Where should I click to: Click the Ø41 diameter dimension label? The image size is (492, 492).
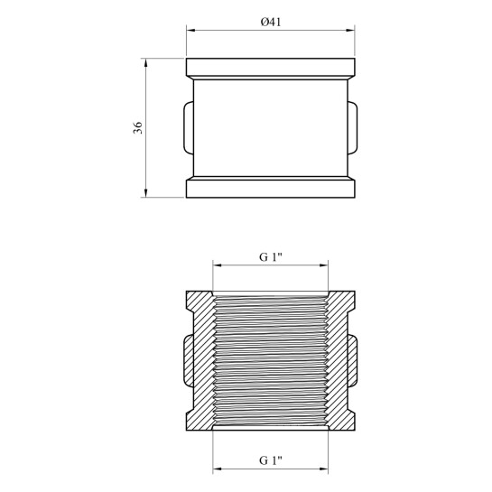(x=271, y=22)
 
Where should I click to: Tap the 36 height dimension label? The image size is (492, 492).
(x=138, y=127)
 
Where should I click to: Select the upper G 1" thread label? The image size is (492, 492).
(x=271, y=257)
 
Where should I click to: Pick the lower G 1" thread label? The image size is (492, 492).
(x=271, y=460)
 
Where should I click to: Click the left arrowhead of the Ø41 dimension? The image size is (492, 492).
(x=190, y=31)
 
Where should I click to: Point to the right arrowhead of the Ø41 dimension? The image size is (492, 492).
(x=350, y=31)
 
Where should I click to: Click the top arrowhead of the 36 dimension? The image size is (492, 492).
(x=145, y=63)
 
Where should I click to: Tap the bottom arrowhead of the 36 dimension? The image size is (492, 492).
(x=145, y=193)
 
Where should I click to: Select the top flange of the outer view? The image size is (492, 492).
(x=271, y=67)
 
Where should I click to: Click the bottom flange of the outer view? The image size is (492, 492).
(x=271, y=189)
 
